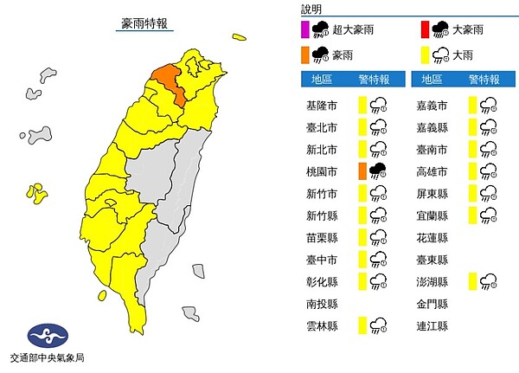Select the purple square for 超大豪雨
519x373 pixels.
(x=304, y=29)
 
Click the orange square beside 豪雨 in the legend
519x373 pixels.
(x=304, y=55)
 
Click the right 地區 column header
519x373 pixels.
(x=430, y=80)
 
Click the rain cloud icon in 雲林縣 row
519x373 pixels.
(x=378, y=326)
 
